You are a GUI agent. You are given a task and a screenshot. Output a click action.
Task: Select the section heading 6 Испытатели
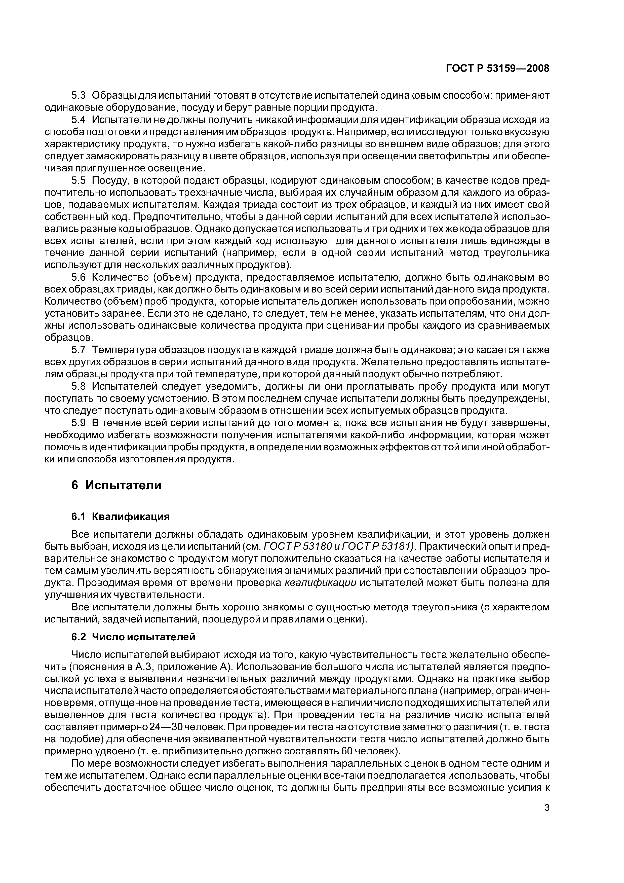point(116,485)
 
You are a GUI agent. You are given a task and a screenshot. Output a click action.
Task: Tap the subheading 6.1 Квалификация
point(120,516)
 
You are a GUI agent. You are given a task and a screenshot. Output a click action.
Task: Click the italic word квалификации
point(320,583)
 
